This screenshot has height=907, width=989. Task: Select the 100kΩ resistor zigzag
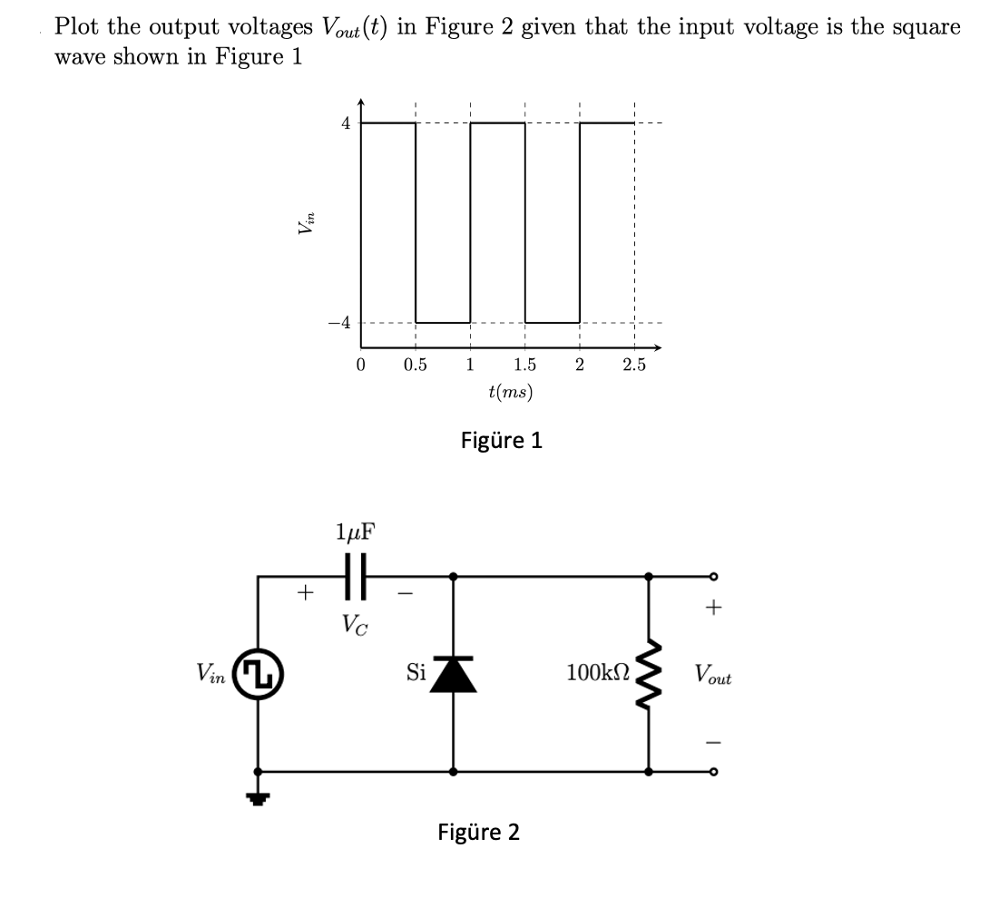pyautogui.click(x=647, y=673)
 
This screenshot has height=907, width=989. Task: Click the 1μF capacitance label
pyautogui.click(x=357, y=532)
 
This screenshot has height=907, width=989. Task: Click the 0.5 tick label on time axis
pyautogui.click(x=415, y=366)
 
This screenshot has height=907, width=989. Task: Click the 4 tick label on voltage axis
pyautogui.click(x=346, y=122)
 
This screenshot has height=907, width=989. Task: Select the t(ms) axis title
pyautogui.click(x=511, y=392)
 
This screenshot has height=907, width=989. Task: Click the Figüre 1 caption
pyautogui.click(x=502, y=441)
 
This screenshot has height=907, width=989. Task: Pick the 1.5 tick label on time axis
pyautogui.click(x=524, y=366)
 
